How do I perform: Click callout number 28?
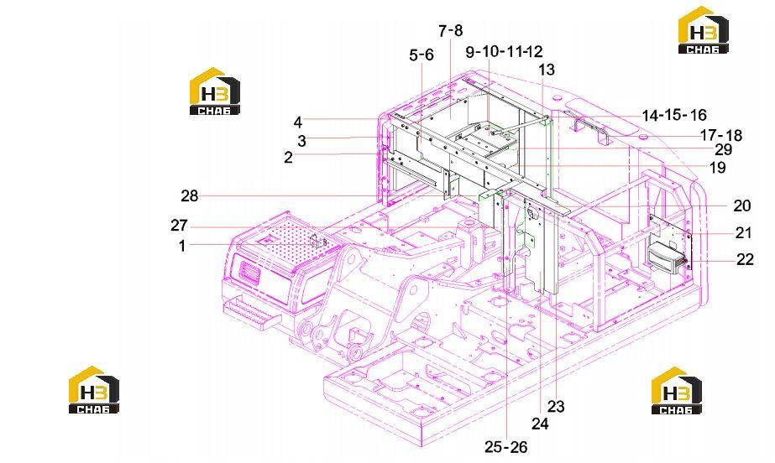point(189,196)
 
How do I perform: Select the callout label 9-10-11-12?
point(504,51)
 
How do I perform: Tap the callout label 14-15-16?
point(674,115)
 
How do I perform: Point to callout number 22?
point(745,259)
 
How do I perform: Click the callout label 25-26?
point(505,447)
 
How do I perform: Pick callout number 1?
point(182,245)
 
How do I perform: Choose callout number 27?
point(179,225)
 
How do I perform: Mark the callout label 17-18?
point(721,135)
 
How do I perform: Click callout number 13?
point(546,70)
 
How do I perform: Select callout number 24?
point(540,423)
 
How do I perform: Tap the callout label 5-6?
point(422,55)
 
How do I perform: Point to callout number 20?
point(741,205)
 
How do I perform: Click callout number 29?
point(723,149)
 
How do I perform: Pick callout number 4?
point(297,122)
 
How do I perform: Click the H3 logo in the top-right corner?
point(704,29)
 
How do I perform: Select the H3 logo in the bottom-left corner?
point(94,389)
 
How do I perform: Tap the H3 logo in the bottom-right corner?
point(676,390)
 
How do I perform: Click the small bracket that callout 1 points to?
point(317,242)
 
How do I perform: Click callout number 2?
point(288,157)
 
